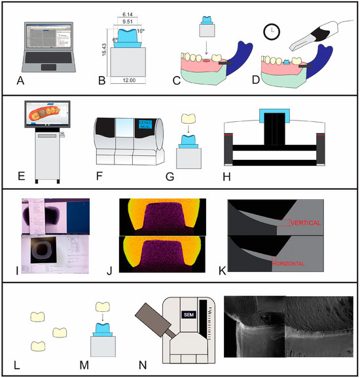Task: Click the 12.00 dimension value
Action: (x=128, y=81)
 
